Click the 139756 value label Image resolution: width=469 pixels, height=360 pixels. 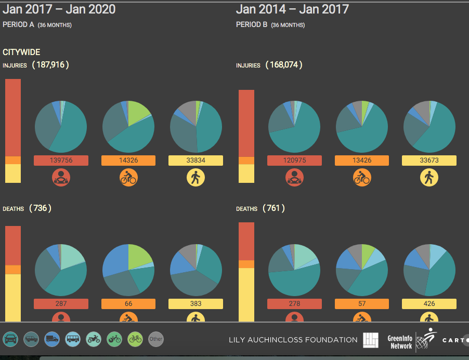(61, 161)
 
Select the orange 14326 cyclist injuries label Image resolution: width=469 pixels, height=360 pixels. (128, 161)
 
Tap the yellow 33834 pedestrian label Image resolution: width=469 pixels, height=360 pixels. (196, 161)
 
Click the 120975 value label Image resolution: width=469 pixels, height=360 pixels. (294, 161)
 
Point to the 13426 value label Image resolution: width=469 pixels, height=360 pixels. (362, 161)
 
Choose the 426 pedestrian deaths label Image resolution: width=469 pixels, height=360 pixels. (429, 304)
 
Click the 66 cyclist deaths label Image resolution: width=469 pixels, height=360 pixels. (128, 304)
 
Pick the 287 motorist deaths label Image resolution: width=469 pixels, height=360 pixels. (61, 304)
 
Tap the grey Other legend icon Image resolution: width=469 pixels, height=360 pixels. (156, 339)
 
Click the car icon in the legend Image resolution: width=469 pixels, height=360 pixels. (10, 339)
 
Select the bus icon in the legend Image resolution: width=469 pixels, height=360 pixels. (73, 339)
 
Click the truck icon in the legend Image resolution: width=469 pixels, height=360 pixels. (52, 339)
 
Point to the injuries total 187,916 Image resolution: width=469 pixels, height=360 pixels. (50, 65)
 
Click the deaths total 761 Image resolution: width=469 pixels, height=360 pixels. (273, 208)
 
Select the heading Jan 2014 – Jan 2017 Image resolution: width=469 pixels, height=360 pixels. (293, 9)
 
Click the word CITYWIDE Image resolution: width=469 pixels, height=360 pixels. (21, 52)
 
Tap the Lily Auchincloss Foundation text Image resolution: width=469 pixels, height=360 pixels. (293, 340)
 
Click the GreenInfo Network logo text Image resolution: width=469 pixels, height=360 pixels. (400, 342)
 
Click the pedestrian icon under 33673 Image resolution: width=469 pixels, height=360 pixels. (429, 178)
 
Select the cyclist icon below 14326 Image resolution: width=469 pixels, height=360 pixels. (128, 178)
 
